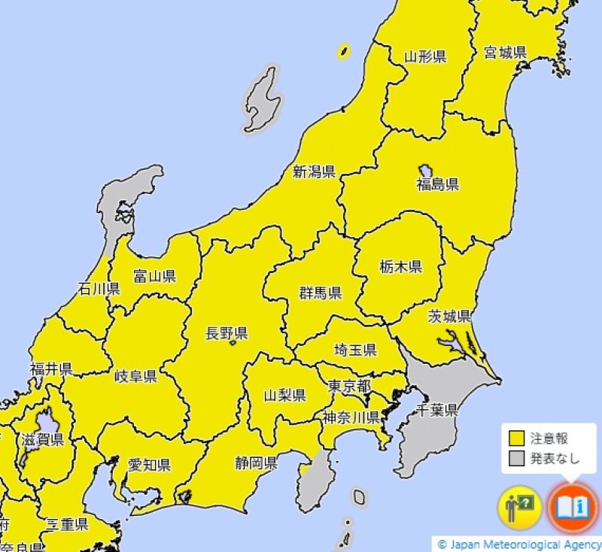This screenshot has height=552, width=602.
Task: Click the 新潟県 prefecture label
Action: (x=314, y=172)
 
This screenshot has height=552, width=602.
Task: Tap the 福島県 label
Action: (x=437, y=184)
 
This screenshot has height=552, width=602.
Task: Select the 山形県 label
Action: (x=425, y=56)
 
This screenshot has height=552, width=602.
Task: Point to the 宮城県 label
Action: (x=505, y=53)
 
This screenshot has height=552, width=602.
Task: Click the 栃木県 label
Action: (x=400, y=266)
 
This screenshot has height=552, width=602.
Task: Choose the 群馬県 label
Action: (x=321, y=293)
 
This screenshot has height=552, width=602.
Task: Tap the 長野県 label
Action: (x=227, y=334)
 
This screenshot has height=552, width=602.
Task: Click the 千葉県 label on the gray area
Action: (x=438, y=410)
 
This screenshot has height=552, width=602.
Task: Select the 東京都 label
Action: (x=349, y=386)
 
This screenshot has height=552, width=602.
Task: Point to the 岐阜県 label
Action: (x=135, y=376)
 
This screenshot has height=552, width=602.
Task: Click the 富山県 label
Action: (x=155, y=276)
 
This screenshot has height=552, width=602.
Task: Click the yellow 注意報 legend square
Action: (x=516, y=438)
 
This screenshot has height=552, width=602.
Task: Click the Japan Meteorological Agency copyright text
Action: (x=519, y=544)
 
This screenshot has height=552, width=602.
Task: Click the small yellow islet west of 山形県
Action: (x=343, y=51)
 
